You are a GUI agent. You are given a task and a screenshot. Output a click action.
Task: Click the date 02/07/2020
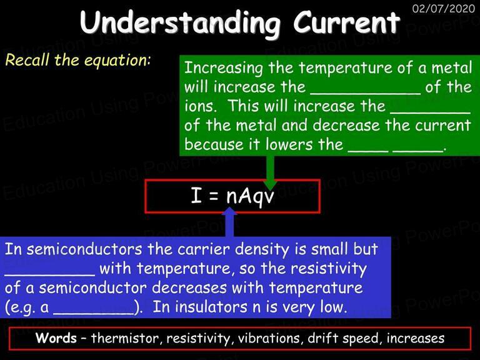(443, 8)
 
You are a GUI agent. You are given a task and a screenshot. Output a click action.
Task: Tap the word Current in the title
(347, 22)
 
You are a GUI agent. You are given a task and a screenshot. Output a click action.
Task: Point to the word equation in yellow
(117, 61)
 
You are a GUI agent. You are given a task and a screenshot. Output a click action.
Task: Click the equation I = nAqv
(232, 196)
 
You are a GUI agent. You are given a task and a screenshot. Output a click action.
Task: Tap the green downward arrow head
(270, 184)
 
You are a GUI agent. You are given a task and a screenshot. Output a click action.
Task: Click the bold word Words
(56, 338)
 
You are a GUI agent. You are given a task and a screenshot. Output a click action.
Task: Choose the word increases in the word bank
(416, 338)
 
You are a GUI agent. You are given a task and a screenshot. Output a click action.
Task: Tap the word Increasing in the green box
(224, 68)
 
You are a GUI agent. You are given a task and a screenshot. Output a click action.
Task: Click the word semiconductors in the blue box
(84, 249)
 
